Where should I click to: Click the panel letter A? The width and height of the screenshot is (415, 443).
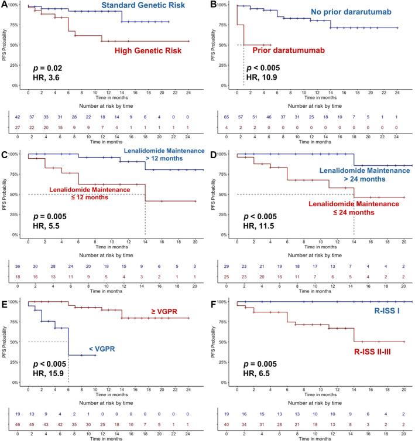(5, 5)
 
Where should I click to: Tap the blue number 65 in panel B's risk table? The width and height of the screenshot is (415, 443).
(227, 117)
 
